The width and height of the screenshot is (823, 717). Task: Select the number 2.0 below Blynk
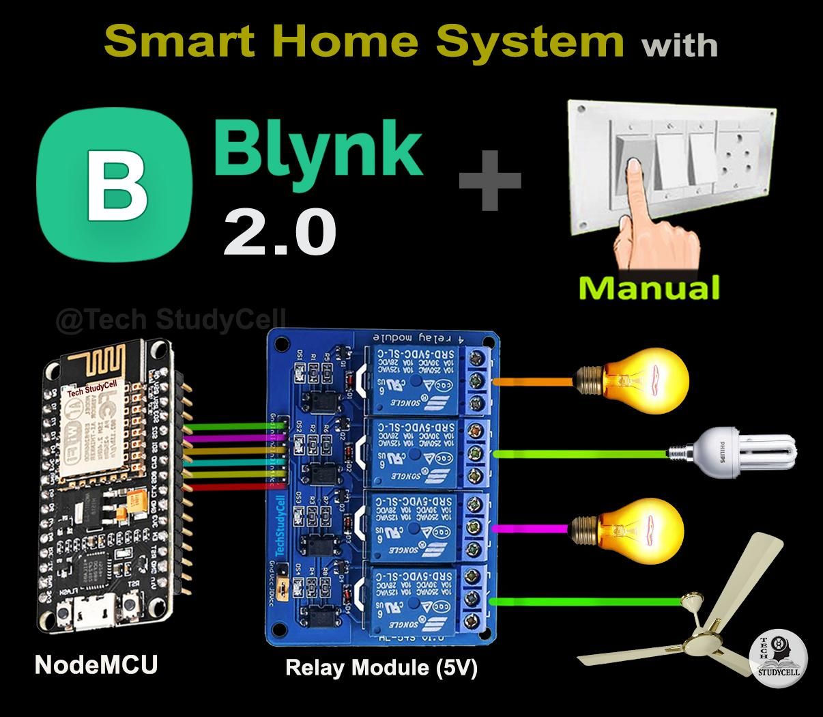pos(279,232)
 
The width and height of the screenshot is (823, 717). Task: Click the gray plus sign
pos(489,180)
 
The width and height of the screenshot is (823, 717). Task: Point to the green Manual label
pos(648,287)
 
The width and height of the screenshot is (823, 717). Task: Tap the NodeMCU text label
pos(96,664)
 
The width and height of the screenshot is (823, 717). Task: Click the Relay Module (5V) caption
pos(381,667)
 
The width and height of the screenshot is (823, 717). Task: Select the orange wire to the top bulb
pos(532,380)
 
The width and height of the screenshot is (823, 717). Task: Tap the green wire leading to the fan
pos(587,602)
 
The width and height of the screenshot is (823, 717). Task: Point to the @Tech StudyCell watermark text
pos(171,320)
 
